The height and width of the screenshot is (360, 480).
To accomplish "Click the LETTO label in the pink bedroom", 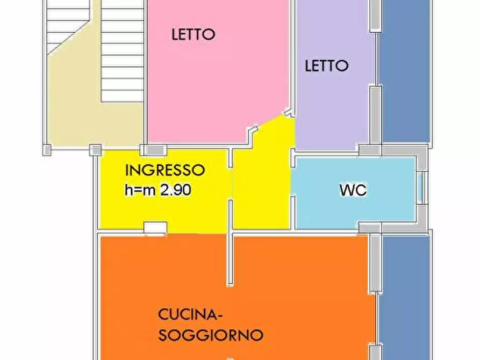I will click(x=193, y=34).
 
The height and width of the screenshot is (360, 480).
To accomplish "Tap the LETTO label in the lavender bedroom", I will click(x=326, y=66).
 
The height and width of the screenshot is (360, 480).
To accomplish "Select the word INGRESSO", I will click(x=165, y=170).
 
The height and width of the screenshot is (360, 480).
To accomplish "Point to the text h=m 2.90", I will click(x=159, y=189).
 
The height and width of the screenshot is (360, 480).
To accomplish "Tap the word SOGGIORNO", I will click(x=211, y=335).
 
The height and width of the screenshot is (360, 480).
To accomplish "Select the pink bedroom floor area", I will click(x=215, y=86).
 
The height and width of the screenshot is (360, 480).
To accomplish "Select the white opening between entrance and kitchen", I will click(x=155, y=228).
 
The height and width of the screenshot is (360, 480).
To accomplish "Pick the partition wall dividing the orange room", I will click(x=230, y=258).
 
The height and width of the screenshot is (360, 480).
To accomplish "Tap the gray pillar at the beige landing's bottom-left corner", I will click(x=47, y=150).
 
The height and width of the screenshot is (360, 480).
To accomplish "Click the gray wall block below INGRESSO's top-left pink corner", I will click(x=154, y=150).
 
